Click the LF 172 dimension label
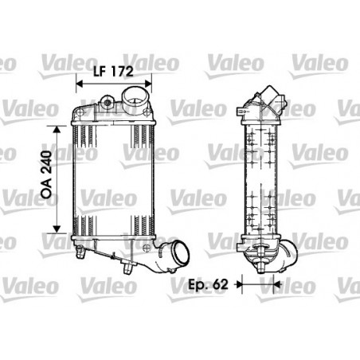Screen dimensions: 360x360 [113, 71]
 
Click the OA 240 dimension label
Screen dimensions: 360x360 [46, 174]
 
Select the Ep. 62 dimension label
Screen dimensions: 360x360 [208, 284]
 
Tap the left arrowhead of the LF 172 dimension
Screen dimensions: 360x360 [80, 84]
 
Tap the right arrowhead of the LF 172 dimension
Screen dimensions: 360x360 [148, 84]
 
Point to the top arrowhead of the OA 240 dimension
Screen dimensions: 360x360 [57, 129]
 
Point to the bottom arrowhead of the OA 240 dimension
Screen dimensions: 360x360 [57, 229]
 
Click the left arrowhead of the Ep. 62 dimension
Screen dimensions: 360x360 [239, 284]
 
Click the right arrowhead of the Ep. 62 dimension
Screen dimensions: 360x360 [277, 284]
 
